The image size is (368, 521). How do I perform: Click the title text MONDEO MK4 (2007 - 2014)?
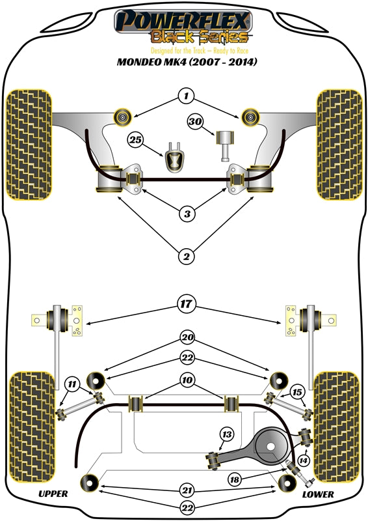(185, 63)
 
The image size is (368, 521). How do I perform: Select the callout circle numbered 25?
(135, 139)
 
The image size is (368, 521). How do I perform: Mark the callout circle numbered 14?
(302, 460)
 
